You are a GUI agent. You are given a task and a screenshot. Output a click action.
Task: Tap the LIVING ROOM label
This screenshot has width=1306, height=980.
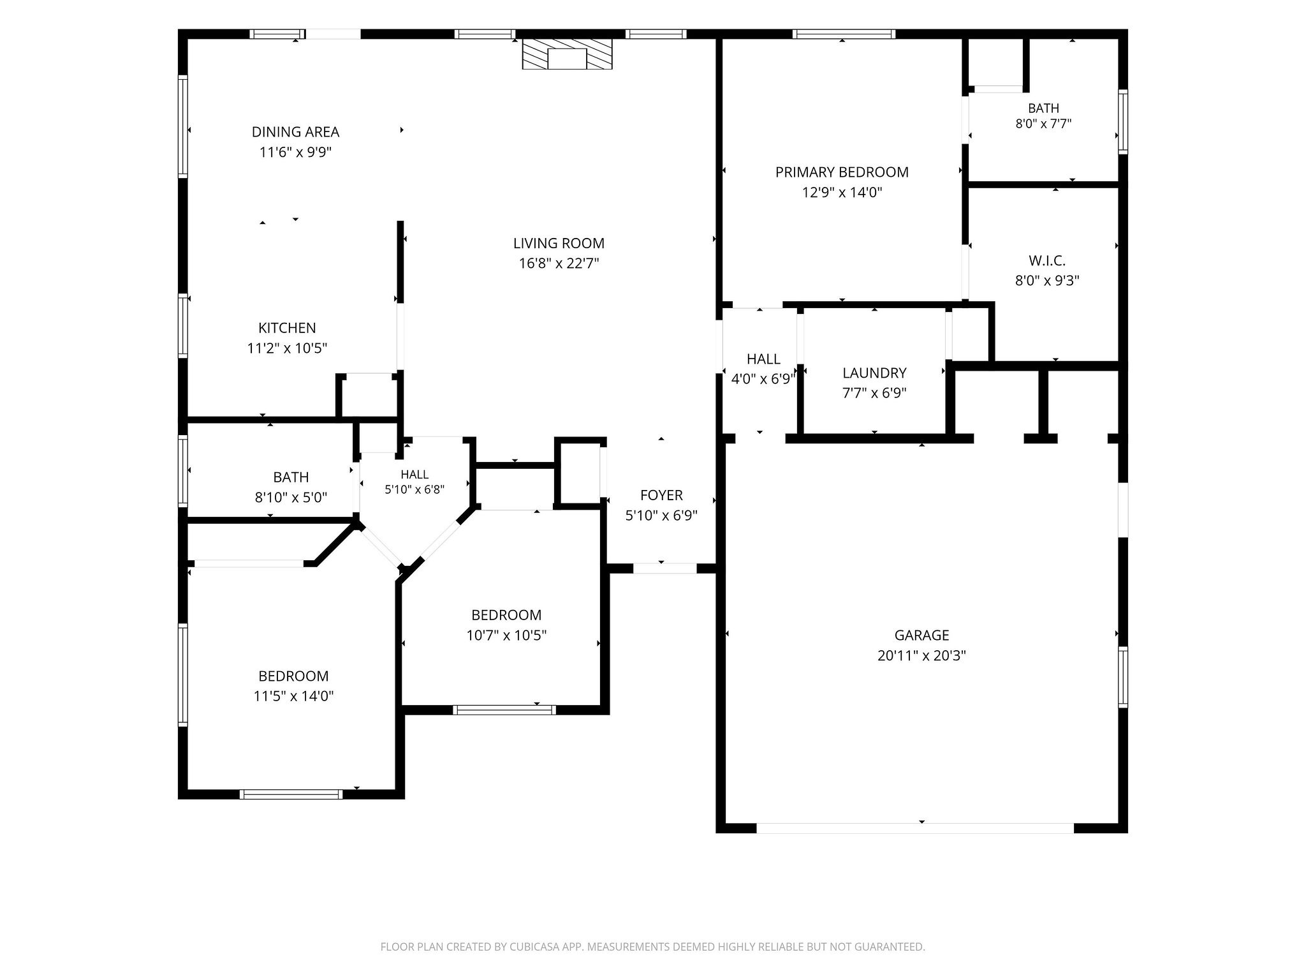(x=559, y=243)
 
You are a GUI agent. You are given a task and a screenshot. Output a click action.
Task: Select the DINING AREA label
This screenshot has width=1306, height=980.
(x=295, y=132)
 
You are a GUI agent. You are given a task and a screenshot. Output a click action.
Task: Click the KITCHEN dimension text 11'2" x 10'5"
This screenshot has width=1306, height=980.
(x=288, y=348)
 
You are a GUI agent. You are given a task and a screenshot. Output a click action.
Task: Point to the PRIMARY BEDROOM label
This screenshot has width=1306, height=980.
(x=842, y=172)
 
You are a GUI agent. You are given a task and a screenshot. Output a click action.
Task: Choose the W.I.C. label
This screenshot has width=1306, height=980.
(x=1047, y=261)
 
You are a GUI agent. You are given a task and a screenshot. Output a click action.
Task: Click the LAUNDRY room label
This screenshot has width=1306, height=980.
(x=874, y=373)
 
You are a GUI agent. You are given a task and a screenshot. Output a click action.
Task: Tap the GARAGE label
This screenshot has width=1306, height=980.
(x=921, y=635)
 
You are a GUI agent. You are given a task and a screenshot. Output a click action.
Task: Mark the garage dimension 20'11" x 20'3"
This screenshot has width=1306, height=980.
(x=921, y=656)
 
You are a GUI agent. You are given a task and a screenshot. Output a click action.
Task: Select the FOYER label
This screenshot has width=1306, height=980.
(x=661, y=496)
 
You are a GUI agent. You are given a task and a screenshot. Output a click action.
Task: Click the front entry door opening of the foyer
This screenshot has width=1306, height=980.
(x=664, y=568)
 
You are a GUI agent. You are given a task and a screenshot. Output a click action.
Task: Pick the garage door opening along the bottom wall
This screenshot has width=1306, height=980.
(x=915, y=828)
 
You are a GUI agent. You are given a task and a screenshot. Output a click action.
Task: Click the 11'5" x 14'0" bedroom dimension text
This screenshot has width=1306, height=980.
(x=294, y=696)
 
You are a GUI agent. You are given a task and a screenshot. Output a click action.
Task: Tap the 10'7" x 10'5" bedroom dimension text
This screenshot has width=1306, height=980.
(x=506, y=635)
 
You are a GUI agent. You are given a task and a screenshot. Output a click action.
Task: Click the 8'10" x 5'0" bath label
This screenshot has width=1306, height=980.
(x=291, y=498)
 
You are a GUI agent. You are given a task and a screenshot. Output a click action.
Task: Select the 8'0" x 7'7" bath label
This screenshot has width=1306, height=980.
(x=1043, y=124)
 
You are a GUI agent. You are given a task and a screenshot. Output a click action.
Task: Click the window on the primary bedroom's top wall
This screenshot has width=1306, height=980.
(x=844, y=34)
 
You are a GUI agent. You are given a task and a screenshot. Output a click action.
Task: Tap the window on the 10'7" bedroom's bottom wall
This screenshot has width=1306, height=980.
(x=504, y=709)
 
